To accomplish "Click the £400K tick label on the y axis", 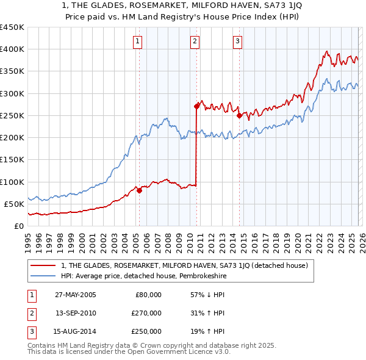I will (12, 49).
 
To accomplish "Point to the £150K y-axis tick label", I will (12, 160).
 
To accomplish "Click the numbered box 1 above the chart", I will (138, 41).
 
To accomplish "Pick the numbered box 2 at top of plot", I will (195, 41).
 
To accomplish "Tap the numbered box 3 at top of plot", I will (237, 41).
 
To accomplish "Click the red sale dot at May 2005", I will (140, 190).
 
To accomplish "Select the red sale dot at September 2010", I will (196, 106).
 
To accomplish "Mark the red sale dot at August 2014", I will (239, 115).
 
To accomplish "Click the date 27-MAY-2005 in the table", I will (75, 294).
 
